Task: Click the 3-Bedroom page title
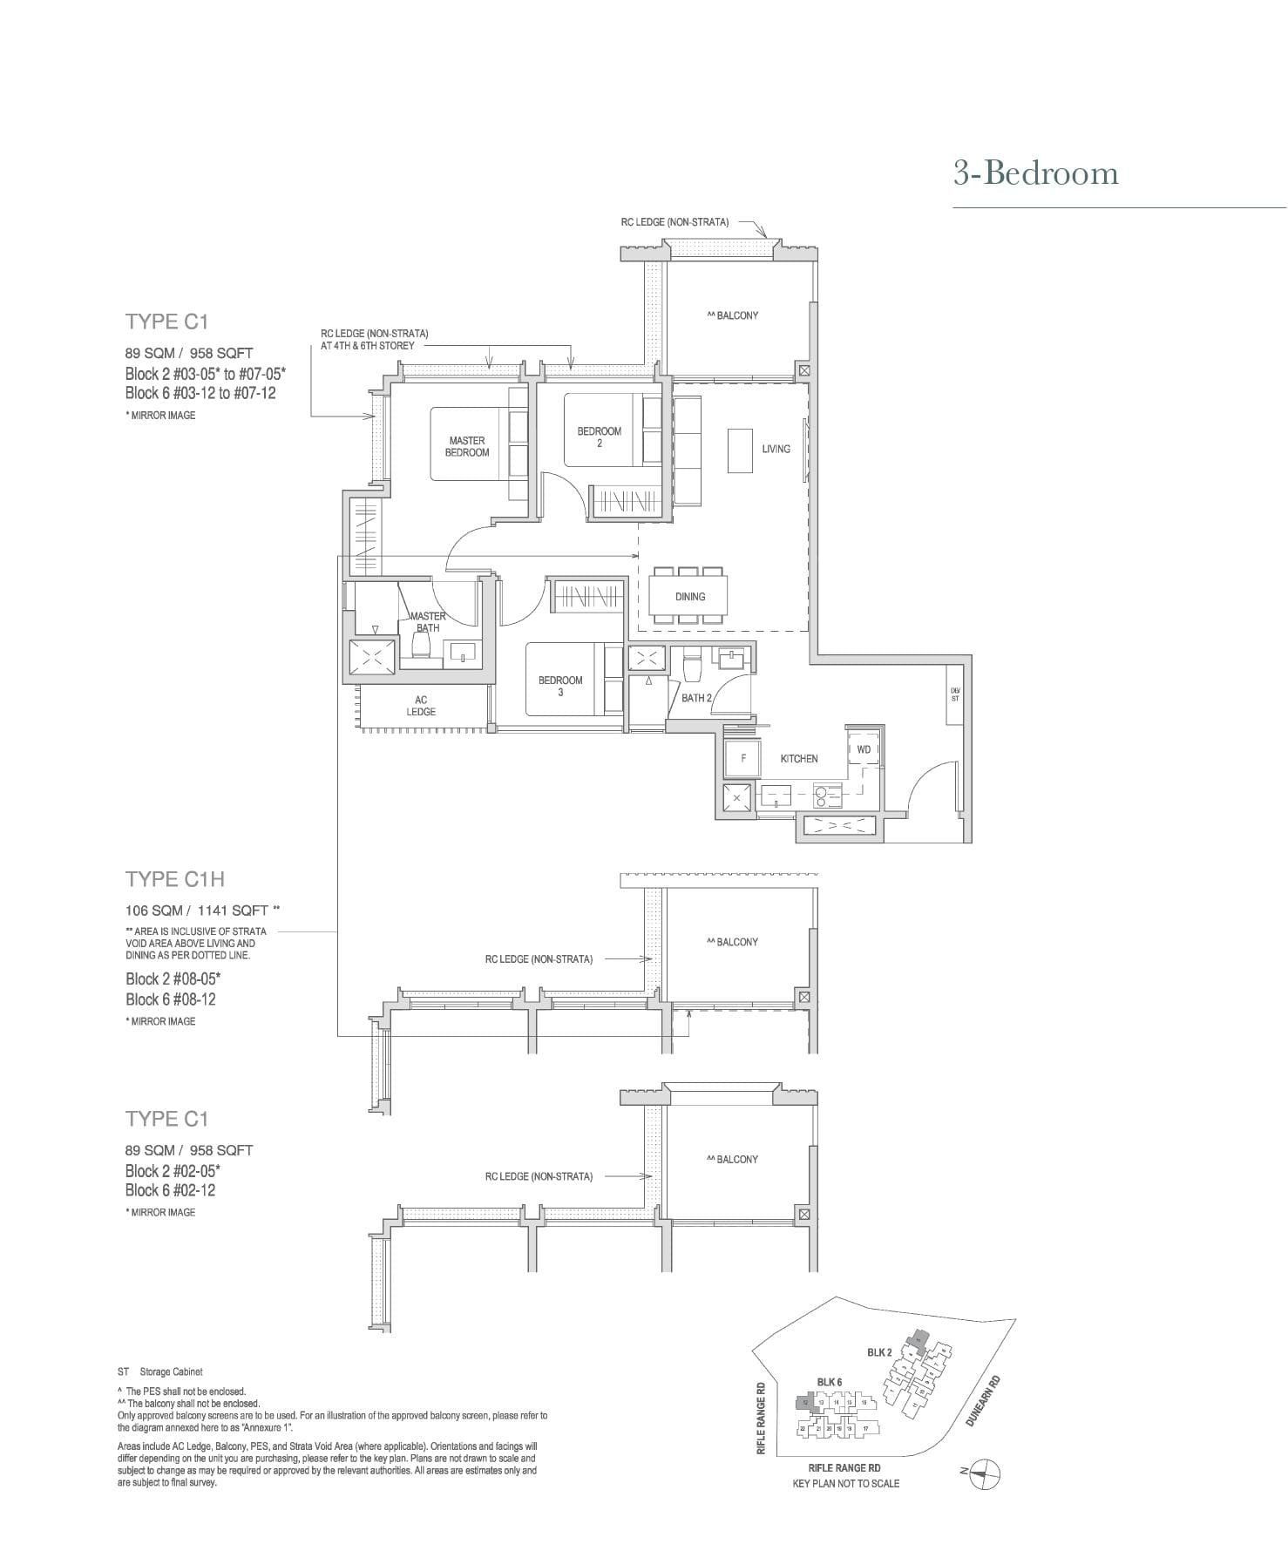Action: point(1035,173)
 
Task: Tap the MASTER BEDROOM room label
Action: point(467,446)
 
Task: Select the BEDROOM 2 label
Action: point(599,437)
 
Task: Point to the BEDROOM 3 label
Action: point(559,686)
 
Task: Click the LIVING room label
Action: point(776,449)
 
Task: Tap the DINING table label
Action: point(689,597)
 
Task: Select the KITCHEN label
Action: point(798,759)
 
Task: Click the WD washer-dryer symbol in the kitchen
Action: point(864,749)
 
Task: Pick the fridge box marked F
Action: point(743,758)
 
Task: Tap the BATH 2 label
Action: point(696,698)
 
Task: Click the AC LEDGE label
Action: point(421,706)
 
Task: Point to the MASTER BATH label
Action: point(428,621)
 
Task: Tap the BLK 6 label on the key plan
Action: point(829,1382)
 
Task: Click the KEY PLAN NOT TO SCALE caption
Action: point(845,1483)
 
